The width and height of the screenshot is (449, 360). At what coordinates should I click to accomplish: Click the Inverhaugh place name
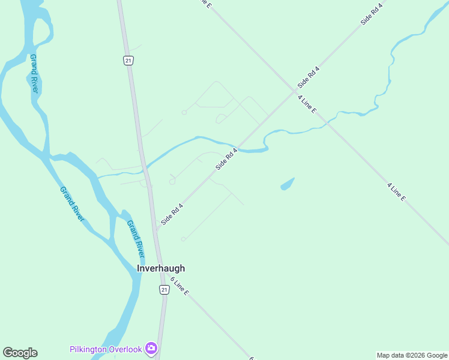coord(161,269)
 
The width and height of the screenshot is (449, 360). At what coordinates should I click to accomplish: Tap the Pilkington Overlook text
coord(105,349)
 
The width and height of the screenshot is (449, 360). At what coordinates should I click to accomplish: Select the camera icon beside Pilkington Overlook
coord(151,348)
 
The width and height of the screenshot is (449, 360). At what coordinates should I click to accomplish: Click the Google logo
coord(20,353)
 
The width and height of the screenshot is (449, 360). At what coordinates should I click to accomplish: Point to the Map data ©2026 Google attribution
coord(412,355)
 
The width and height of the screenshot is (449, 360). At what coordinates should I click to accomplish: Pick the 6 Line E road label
coord(179,286)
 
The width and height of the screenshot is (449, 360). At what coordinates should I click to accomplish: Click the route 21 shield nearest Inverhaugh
coord(164,290)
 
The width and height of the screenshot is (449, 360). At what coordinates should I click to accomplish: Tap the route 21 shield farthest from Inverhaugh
coord(128,60)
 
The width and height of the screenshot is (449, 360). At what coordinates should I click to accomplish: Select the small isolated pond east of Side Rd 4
coord(288,184)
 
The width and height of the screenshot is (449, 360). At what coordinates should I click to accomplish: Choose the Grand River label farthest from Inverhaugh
coord(34,73)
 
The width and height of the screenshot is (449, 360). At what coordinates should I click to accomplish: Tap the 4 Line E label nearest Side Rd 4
coord(306,102)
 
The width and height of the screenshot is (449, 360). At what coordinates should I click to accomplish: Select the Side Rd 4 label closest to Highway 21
coord(172,214)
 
